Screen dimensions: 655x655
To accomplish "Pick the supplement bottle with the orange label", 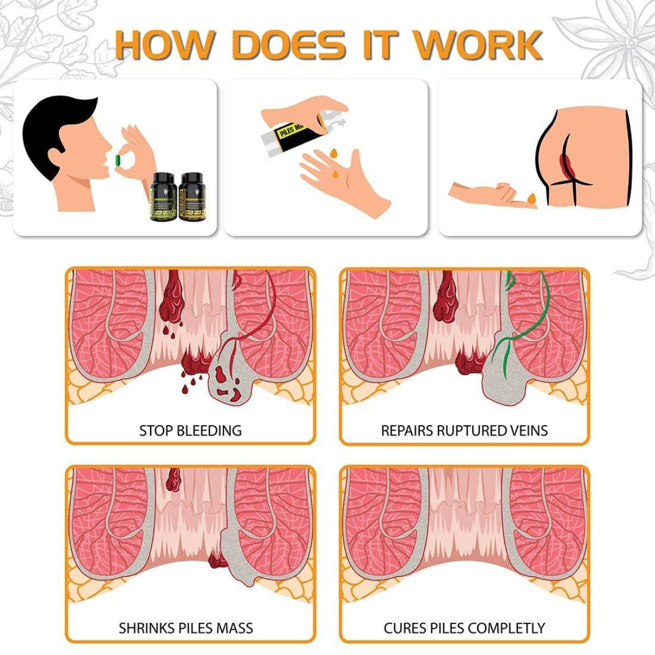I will pos(192,197).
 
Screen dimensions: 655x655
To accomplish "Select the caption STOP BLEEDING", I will pos(190,430).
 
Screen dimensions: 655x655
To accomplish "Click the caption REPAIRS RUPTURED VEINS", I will pos(464,430).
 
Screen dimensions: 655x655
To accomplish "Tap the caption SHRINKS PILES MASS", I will pos(186,628).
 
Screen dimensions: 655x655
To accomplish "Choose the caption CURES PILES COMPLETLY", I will pos(464,628).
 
